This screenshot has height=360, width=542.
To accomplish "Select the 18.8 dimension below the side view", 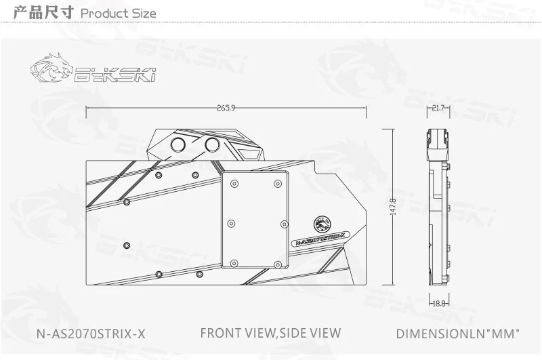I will click(x=438, y=304).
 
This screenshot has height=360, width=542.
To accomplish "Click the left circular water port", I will click(x=181, y=145).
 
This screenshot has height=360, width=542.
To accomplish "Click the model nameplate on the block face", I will click(x=318, y=239).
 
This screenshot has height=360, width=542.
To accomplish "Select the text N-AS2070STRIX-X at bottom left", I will click(x=91, y=334).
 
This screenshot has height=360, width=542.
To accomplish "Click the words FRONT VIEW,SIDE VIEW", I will click(x=270, y=333).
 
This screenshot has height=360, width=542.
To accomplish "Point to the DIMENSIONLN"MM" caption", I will click(x=457, y=334).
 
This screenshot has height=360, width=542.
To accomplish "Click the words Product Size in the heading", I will click(x=118, y=14).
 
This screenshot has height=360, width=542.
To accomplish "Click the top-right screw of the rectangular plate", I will click(x=277, y=184).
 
